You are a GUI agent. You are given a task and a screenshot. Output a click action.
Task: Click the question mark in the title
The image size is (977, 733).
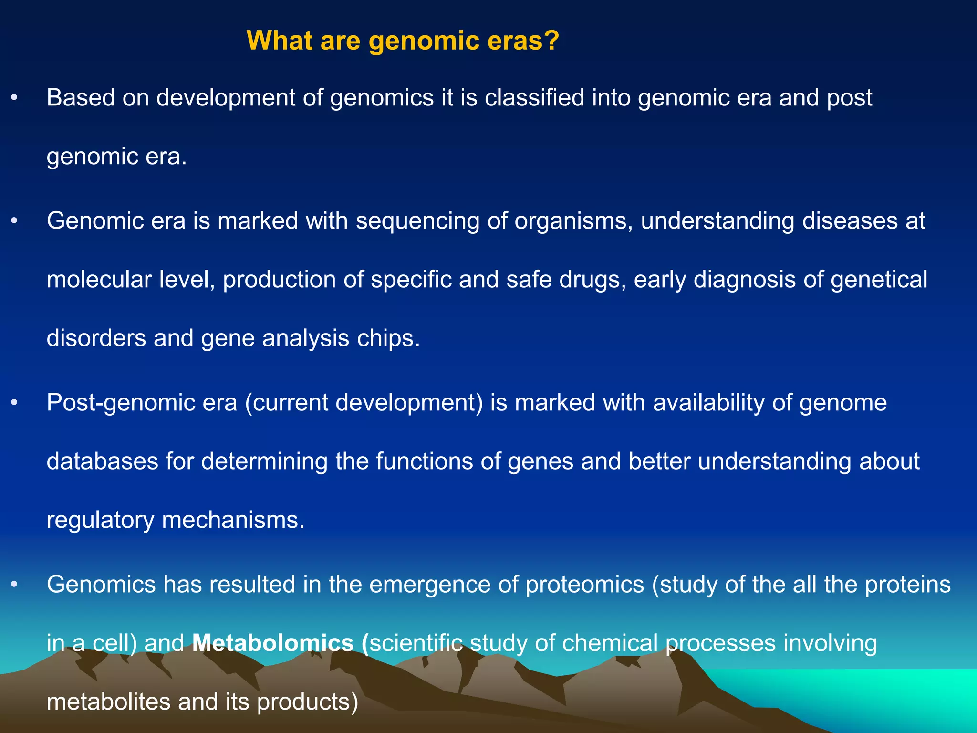click(551, 40)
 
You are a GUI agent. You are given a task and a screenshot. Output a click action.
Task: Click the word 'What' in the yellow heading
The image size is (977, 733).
click(279, 40)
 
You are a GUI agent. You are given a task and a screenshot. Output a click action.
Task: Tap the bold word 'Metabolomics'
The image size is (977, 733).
click(272, 643)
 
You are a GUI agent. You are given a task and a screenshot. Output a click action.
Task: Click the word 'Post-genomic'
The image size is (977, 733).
click(142, 403)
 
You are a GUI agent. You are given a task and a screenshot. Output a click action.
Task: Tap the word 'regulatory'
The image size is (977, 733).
click(100, 520)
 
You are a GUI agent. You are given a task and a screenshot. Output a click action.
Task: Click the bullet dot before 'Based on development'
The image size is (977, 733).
click(14, 98)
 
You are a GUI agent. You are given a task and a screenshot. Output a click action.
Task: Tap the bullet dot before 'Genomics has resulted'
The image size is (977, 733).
click(14, 585)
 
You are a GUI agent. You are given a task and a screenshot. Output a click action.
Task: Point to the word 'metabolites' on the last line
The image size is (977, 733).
click(108, 702)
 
